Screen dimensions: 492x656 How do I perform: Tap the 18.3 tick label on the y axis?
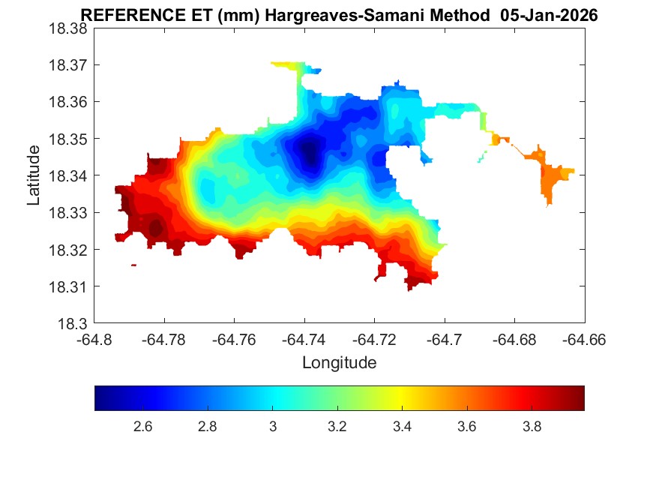[73, 324]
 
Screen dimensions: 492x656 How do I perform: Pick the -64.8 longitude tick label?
[94, 340]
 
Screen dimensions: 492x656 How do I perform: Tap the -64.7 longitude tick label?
[445, 340]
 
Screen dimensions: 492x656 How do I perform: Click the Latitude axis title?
[34, 176]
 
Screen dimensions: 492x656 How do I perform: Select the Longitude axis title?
[339, 364]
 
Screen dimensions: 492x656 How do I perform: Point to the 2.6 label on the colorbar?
[142, 427]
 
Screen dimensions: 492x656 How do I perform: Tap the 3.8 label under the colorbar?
[532, 427]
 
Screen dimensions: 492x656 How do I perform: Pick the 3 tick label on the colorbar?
[273, 427]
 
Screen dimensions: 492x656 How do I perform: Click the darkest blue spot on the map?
[308, 153]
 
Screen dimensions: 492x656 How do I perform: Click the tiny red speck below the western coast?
[133, 265]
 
